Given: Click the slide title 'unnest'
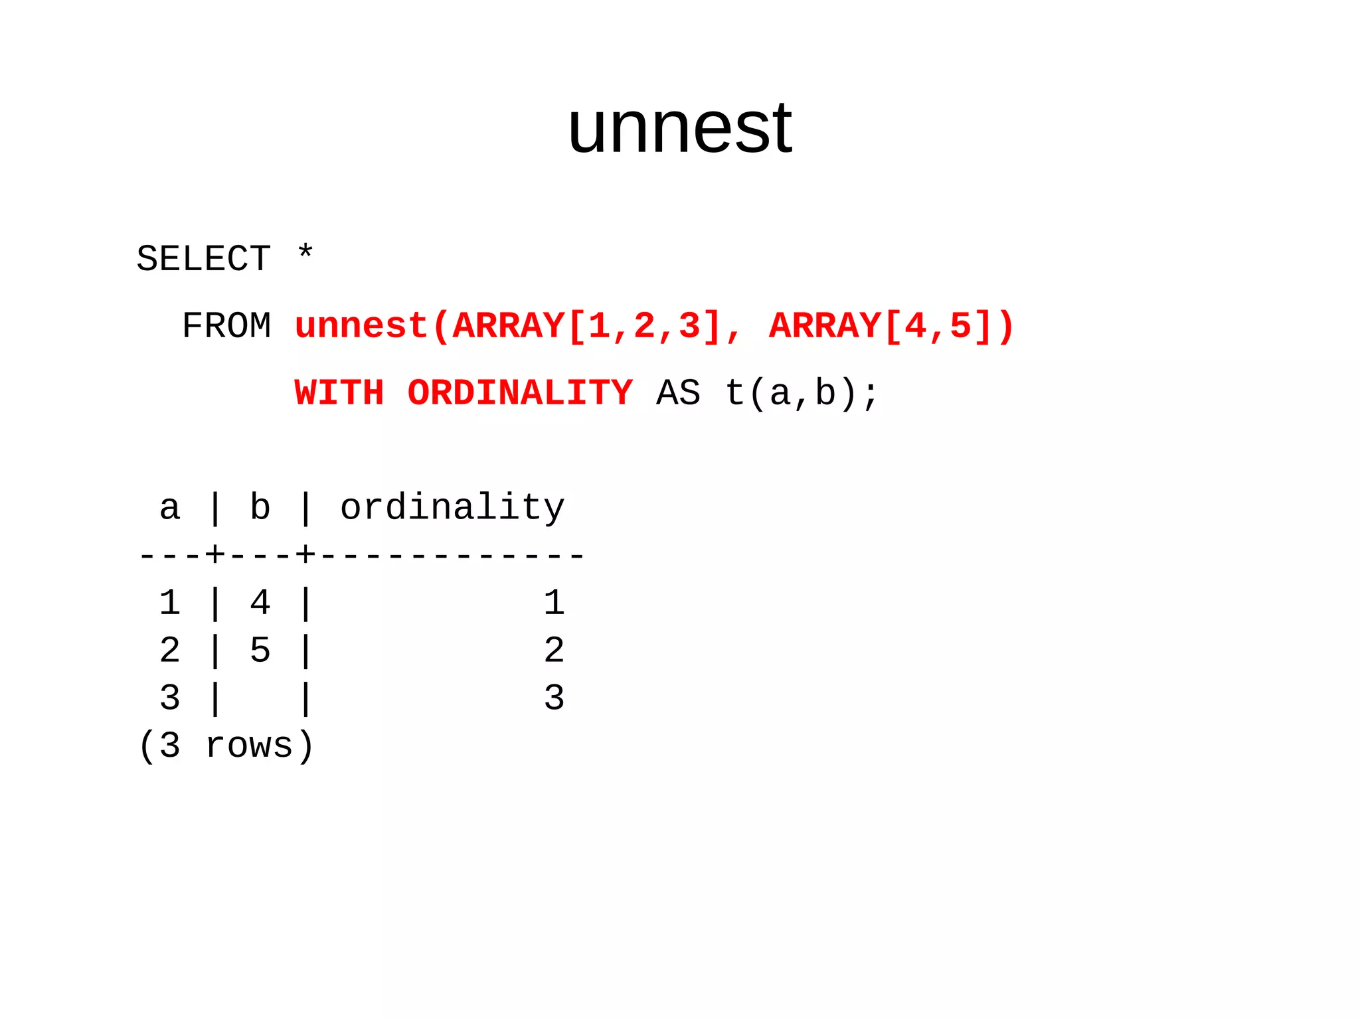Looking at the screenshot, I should click(x=679, y=127).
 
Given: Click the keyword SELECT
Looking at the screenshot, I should click(x=204, y=259).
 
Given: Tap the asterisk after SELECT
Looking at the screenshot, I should click(x=305, y=254).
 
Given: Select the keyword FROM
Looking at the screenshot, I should click(x=226, y=326).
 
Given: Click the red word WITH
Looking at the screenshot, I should click(x=339, y=393).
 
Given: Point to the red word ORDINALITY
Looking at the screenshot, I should click(x=520, y=393).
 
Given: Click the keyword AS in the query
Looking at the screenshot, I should click(x=678, y=393).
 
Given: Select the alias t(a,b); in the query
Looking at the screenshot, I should click(x=802, y=393).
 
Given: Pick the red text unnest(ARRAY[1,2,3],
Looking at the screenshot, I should click(x=518, y=326).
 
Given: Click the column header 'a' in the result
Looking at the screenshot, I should click(x=170, y=509).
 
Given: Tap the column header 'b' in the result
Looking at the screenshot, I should click(x=260, y=509).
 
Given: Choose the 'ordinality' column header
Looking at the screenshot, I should click(x=452, y=509).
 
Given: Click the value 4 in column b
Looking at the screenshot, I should click(x=260, y=603).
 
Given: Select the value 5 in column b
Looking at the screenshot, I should click(x=260, y=651).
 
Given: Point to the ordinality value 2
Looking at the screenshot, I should click(x=554, y=651).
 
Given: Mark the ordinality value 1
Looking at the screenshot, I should click(x=554, y=603).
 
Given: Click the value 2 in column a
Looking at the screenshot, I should click(x=170, y=651).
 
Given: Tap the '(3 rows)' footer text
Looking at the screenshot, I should click(x=226, y=745).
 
